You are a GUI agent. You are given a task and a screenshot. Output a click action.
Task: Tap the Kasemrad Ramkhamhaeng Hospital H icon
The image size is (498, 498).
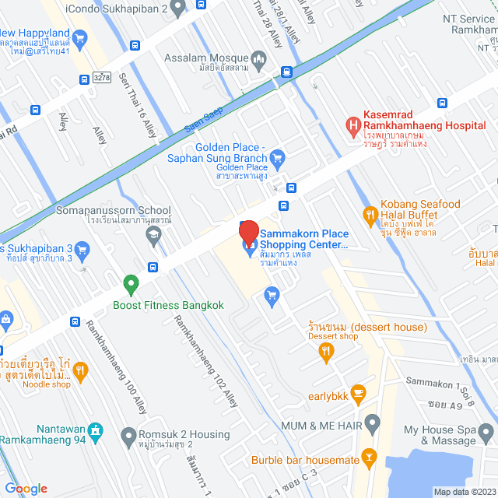tap(353, 124)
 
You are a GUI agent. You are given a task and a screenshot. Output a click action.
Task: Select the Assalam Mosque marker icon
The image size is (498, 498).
tap(259, 58)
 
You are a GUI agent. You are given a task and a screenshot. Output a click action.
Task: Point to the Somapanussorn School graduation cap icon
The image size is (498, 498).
tap(153, 233)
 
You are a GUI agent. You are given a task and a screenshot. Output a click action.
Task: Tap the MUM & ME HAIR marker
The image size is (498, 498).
tap(372, 424)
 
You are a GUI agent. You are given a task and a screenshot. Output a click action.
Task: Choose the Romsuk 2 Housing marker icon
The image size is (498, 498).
tap(127, 434)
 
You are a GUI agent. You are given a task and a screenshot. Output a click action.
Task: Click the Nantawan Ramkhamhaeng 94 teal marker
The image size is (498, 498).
tap(96, 430)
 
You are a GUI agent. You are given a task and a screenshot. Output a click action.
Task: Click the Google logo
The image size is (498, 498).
tap(26, 488)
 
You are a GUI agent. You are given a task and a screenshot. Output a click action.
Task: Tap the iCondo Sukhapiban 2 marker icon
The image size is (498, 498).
tap(177, 9)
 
